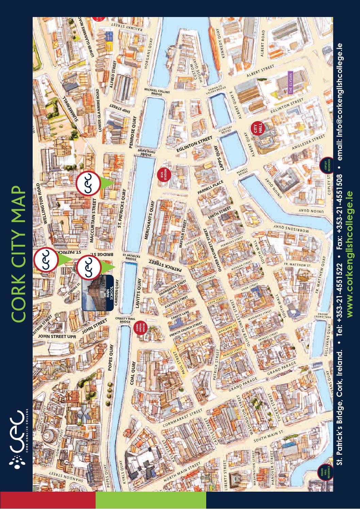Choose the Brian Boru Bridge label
[146, 153]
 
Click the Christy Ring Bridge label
[125, 320]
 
